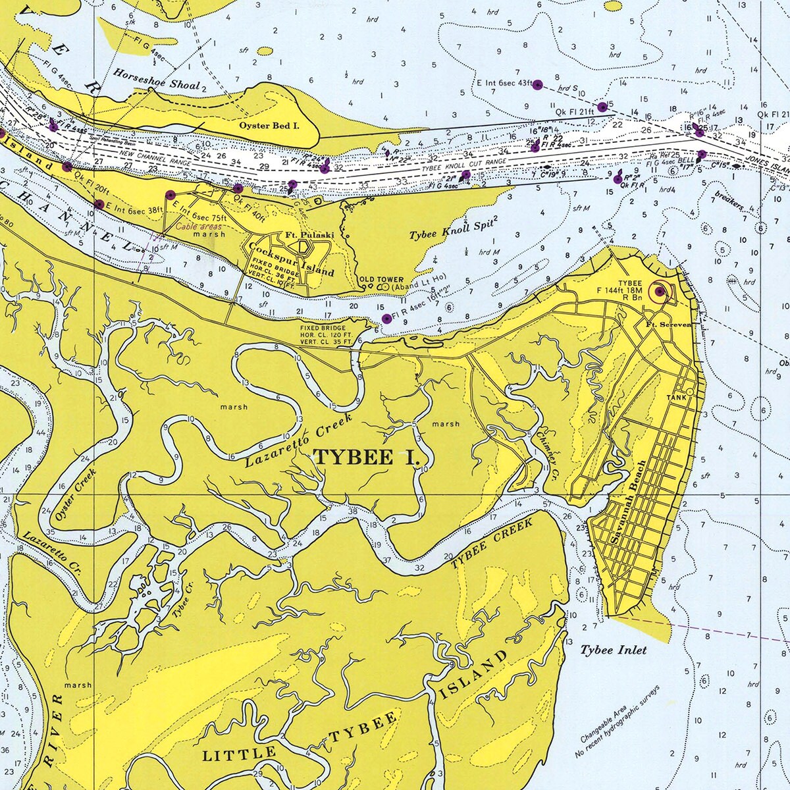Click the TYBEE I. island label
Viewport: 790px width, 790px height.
click(365, 457)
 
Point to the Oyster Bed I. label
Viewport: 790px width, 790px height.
click(269, 124)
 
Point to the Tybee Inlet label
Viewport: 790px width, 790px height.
click(613, 650)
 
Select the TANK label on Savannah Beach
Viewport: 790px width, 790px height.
click(676, 398)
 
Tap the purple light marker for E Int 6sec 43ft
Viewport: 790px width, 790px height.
click(537, 84)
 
